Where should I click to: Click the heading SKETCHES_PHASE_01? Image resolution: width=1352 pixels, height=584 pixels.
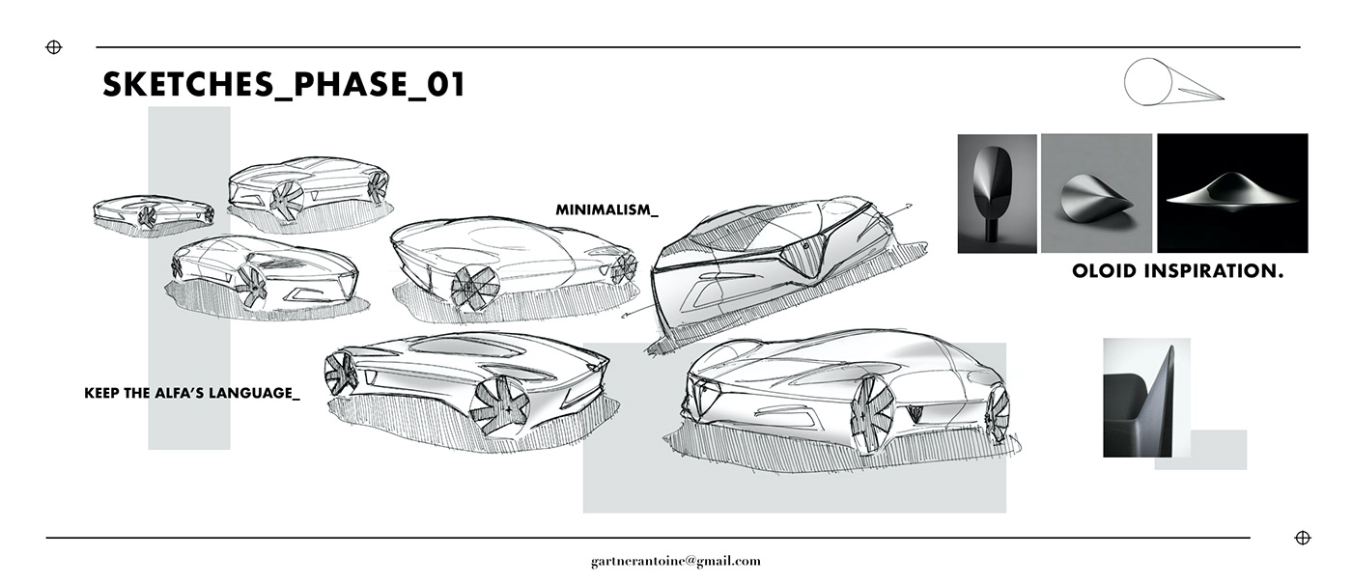(x=284, y=85)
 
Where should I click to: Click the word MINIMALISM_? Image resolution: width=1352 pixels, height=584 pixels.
(x=606, y=209)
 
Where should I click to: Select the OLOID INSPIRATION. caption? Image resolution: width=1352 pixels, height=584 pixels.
(x=1177, y=272)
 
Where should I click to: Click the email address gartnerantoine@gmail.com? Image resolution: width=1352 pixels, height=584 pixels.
(x=676, y=561)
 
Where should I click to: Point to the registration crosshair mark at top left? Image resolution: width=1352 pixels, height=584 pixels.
(x=54, y=47)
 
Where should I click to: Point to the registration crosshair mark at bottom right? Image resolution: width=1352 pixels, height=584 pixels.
(x=1302, y=538)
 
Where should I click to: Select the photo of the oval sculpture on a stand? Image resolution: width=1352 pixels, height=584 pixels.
(x=997, y=193)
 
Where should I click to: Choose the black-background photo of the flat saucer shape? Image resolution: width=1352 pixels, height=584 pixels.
(x=1232, y=193)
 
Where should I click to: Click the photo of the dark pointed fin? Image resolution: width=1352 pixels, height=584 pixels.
(x=1146, y=397)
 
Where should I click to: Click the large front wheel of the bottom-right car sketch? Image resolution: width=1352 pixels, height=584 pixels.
(x=871, y=413)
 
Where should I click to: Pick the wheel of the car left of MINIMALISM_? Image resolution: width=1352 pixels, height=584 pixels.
(x=475, y=282)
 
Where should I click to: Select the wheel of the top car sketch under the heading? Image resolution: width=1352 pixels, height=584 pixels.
(x=287, y=199)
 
